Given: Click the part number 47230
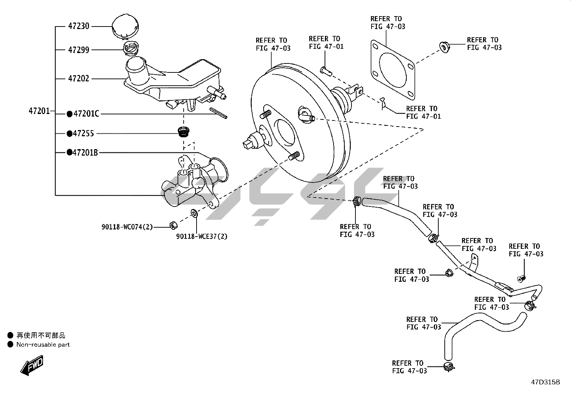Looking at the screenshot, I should [79, 26].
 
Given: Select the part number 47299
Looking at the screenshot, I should [79, 50].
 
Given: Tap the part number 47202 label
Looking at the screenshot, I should [79, 78].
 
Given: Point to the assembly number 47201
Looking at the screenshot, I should [39, 111].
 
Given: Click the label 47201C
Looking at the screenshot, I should [86, 114].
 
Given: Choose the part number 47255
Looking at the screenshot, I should [84, 133].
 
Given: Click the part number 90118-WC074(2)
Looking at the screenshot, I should [127, 227].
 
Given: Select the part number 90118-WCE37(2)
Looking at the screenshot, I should [202, 236].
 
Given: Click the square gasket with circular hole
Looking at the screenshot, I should [392, 70].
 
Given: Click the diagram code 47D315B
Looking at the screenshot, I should [545, 382].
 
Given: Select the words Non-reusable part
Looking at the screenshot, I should [43, 345].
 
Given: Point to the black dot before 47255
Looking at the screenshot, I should [70, 133].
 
